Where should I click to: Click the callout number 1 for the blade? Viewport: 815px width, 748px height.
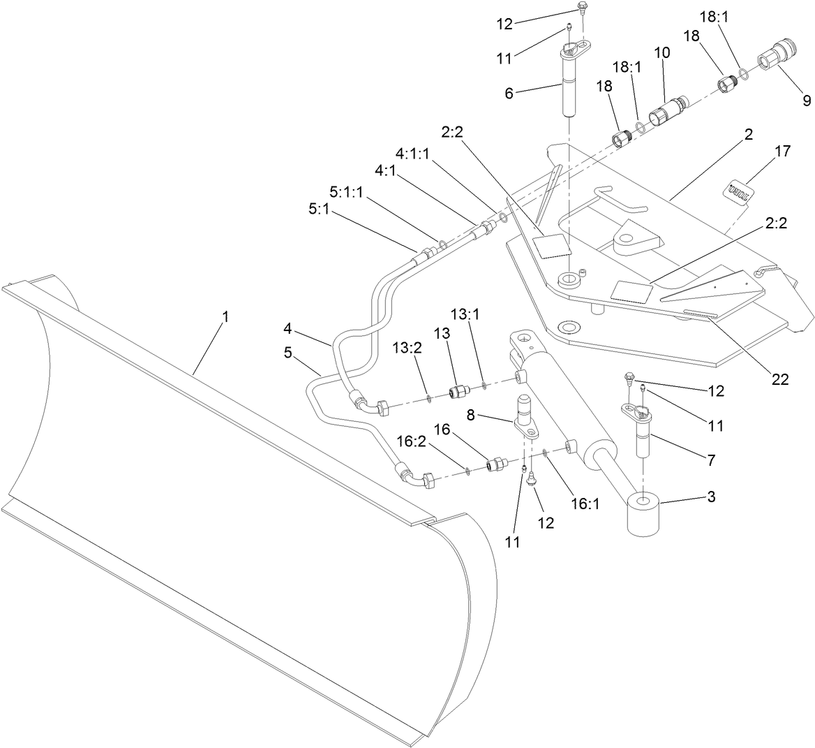pyautogui.click(x=225, y=317)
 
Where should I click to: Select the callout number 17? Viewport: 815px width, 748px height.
pyautogui.click(x=782, y=152)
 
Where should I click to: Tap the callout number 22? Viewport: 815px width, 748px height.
pyautogui.click(x=779, y=379)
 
